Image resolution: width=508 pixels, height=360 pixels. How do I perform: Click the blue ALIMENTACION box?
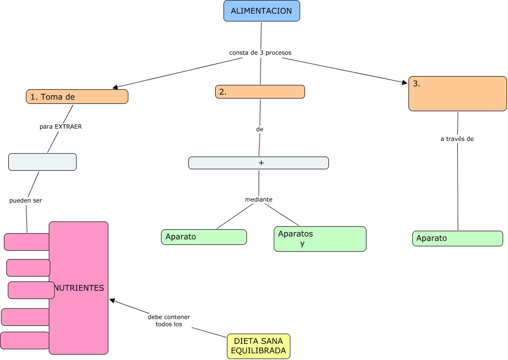(x=262, y=11)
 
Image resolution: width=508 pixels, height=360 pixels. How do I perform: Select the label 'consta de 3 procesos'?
(x=260, y=52)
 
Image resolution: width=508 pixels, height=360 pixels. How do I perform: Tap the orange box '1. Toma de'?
(x=77, y=97)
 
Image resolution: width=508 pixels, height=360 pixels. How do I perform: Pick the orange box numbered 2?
(x=260, y=92)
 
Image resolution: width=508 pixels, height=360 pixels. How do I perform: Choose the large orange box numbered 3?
(x=457, y=93)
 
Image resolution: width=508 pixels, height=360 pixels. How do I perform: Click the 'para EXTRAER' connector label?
(x=61, y=126)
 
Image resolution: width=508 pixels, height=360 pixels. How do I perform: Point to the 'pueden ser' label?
(x=25, y=200)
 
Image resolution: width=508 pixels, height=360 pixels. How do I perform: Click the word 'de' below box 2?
(x=260, y=129)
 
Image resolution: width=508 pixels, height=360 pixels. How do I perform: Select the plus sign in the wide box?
(x=261, y=163)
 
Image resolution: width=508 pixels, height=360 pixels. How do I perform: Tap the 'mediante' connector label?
(x=259, y=200)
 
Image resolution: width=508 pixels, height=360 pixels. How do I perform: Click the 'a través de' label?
(x=457, y=139)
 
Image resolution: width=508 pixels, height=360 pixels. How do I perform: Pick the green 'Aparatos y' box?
(x=320, y=239)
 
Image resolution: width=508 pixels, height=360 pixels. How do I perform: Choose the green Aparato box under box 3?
(x=457, y=239)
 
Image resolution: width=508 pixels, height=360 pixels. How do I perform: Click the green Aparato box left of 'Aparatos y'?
(x=203, y=237)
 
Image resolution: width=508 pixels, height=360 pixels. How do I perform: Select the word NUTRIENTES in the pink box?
(x=79, y=288)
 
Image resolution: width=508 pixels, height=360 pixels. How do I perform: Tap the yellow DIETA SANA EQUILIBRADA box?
(x=258, y=346)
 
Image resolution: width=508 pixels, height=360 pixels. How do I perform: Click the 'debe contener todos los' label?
(x=169, y=320)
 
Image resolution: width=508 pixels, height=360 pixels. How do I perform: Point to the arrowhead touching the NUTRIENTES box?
(x=112, y=300)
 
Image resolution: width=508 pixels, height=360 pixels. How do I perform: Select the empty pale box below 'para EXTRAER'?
(x=42, y=162)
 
